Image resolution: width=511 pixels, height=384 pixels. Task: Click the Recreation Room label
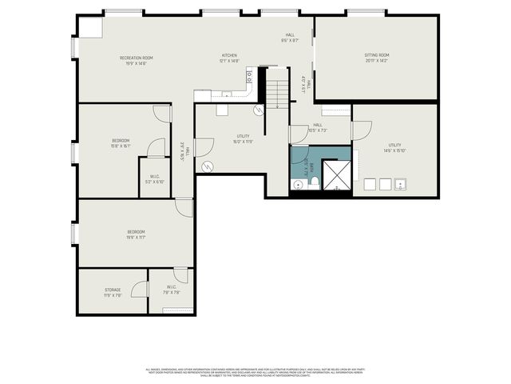[x=137, y=58]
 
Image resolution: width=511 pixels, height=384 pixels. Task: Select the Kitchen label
[x=230, y=56]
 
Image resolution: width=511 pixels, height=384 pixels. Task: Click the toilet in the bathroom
[x=315, y=183]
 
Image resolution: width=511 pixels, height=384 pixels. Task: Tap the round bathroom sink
[x=298, y=185]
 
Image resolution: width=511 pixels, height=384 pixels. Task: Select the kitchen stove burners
[x=249, y=78]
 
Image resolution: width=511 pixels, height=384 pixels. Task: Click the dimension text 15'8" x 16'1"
[x=121, y=146]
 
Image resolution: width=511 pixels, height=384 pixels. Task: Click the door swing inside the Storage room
[x=140, y=290]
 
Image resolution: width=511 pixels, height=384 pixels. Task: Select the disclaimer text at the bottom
[x=255, y=372]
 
